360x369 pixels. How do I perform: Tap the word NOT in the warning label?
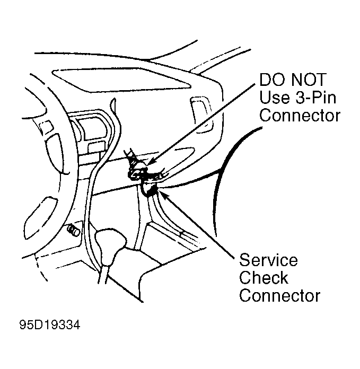(x=309, y=80)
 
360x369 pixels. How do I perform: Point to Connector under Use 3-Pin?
(x=300, y=116)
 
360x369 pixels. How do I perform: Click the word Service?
(x=268, y=260)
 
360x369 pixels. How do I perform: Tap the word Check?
(x=264, y=278)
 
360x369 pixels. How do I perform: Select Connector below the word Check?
(x=280, y=296)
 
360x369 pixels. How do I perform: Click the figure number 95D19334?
(x=50, y=325)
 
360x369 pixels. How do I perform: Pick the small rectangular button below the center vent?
(x=96, y=147)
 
